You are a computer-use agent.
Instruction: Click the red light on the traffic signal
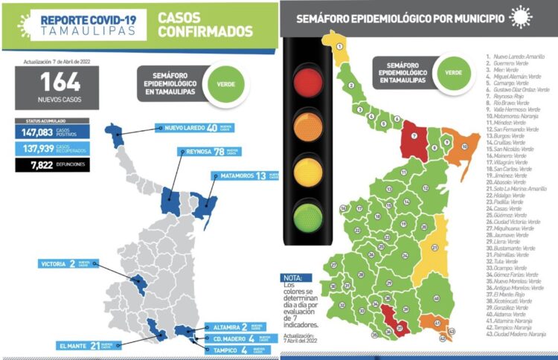point(305,80)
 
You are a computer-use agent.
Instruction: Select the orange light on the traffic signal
point(305,126)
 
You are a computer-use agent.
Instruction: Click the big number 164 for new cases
point(51,81)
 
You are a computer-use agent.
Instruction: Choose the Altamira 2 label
point(226,327)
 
